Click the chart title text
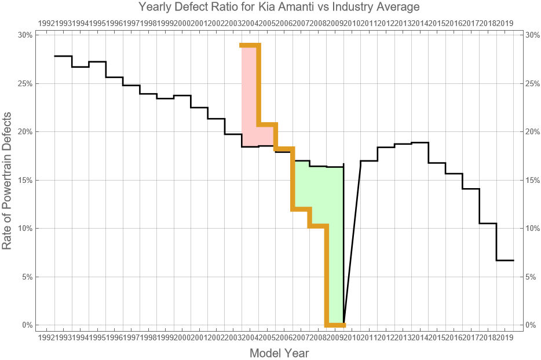[x=279, y=8]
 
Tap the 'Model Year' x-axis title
[x=279, y=352]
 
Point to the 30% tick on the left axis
[x=25, y=35]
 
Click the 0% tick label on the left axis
[x=27, y=325]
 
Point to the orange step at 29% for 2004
[x=250, y=45]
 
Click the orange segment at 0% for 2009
[x=335, y=325]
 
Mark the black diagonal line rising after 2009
[x=352, y=243]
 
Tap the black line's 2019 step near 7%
[x=505, y=260]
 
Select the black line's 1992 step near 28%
[x=63, y=56]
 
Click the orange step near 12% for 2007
[x=302, y=209]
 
